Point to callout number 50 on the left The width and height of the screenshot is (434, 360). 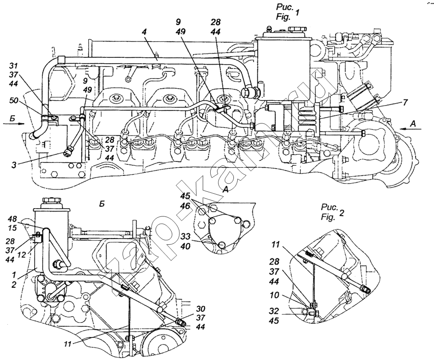[x=14, y=100]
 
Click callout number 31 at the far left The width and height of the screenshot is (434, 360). [x=14, y=66]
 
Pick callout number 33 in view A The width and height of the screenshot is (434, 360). [x=186, y=237]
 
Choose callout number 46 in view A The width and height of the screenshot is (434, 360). [x=186, y=206]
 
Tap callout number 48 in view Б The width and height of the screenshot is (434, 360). [x=12, y=219]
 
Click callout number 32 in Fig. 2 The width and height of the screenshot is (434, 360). [x=274, y=311]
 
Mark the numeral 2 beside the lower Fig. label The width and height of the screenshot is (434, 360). [x=341, y=213]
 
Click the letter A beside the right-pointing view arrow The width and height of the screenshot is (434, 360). [x=413, y=124]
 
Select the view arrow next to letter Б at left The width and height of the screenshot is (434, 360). [x=14, y=124]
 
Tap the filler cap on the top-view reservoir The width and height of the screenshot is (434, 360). [x=297, y=28]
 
